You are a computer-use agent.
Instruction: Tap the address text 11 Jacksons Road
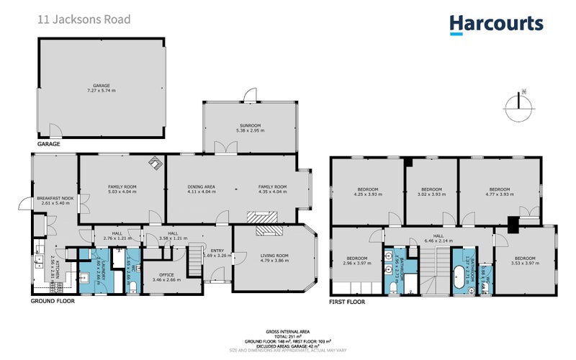[84, 19]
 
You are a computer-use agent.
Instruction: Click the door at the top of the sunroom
[249, 94]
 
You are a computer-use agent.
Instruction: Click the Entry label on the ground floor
[217, 251]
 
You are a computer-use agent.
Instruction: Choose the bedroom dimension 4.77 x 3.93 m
[499, 193]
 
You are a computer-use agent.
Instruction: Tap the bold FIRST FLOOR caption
[346, 302]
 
